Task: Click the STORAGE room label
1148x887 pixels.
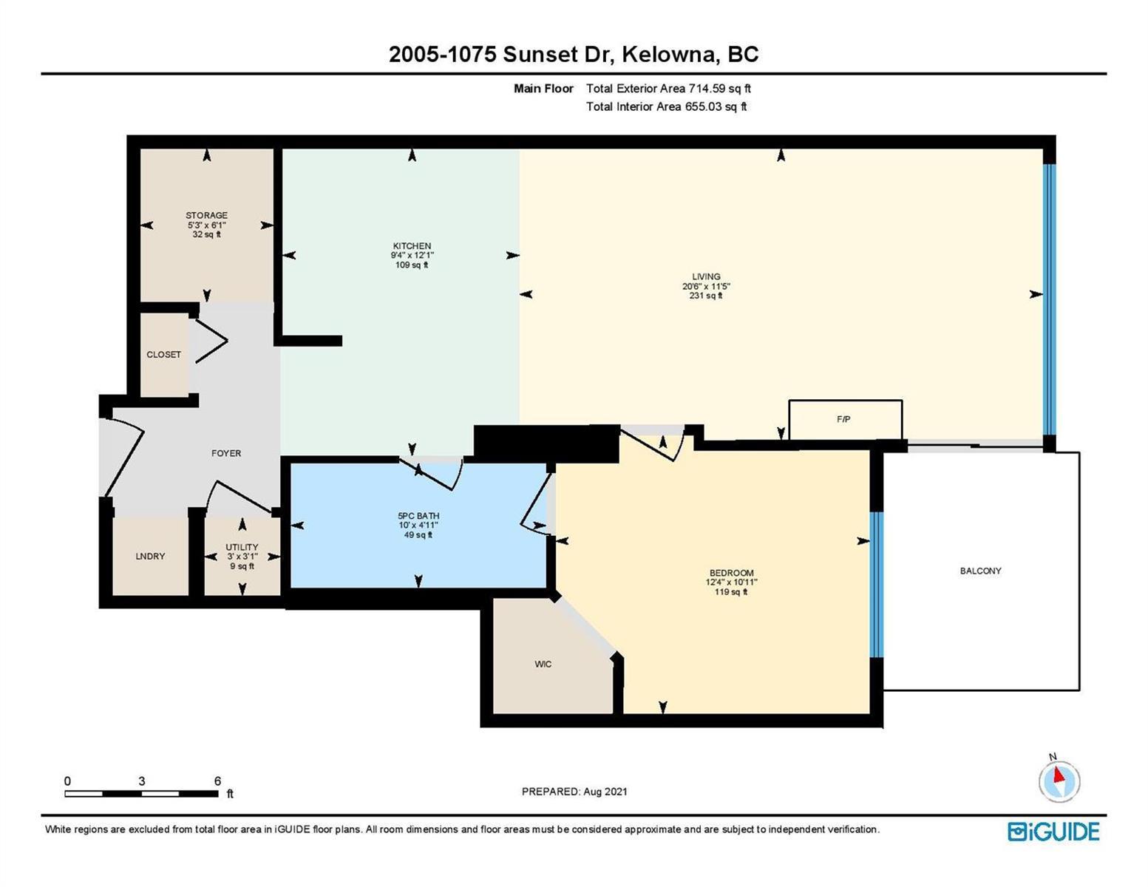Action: (206, 215)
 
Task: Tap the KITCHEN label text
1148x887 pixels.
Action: (412, 245)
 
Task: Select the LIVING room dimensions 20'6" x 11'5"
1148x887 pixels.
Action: (706, 286)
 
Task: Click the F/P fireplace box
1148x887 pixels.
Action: (845, 419)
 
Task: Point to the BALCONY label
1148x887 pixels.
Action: (980, 571)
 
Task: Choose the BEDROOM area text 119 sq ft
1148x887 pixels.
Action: (731, 591)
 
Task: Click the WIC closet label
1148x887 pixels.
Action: (543, 664)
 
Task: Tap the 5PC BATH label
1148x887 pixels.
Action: (418, 516)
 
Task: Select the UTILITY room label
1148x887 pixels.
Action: (242, 547)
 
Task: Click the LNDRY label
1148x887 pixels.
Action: (150, 556)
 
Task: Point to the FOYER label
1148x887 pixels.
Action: (226, 453)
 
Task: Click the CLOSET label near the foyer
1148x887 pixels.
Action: (163, 355)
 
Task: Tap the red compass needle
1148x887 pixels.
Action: (1058, 775)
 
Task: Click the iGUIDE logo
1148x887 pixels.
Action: (1053, 831)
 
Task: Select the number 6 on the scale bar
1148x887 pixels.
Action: (217, 781)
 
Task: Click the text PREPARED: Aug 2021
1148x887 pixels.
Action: (574, 792)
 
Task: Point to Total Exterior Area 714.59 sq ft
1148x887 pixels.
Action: (668, 88)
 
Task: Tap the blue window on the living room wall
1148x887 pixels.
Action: (1049, 299)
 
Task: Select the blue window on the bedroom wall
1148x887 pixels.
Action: (876, 584)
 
